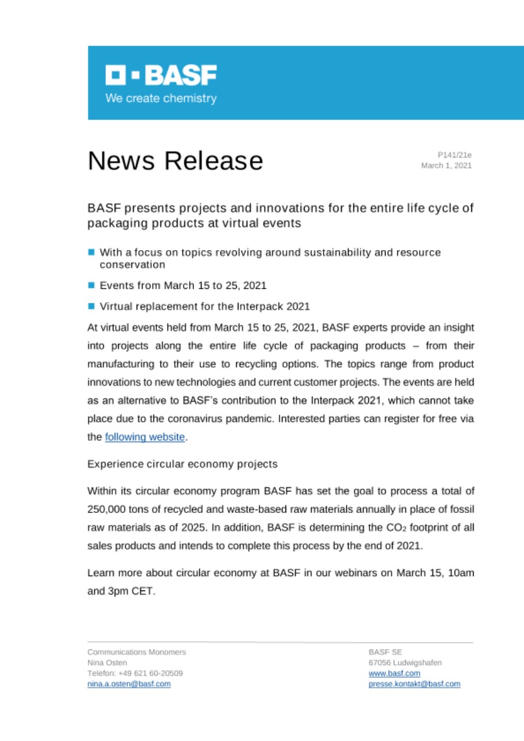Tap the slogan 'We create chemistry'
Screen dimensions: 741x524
point(160,98)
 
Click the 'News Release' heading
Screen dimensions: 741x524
point(175,161)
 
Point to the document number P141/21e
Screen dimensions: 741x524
point(455,155)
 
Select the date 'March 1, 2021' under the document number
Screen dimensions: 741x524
point(446,166)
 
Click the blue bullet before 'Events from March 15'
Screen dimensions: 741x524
point(91,285)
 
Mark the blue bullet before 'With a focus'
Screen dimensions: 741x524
point(91,253)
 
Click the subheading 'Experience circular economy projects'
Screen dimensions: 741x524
point(182,464)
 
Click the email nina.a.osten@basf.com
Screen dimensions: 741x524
point(129,684)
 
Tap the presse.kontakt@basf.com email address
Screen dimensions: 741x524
point(414,684)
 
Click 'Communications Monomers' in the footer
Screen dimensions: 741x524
point(137,652)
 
